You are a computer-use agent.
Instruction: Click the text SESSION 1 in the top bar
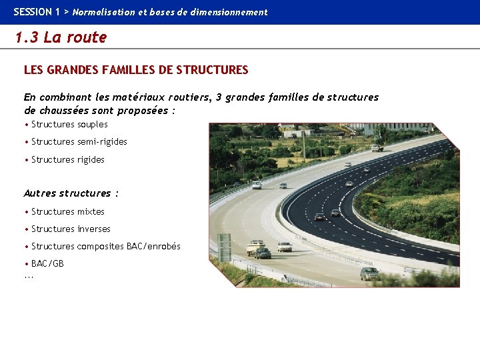(37, 12)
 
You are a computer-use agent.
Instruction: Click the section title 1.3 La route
(61, 37)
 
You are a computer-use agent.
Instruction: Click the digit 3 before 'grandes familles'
(219, 97)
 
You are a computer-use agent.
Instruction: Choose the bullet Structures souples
(69, 125)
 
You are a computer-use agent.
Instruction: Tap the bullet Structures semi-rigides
(79, 142)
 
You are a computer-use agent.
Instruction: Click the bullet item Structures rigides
(68, 160)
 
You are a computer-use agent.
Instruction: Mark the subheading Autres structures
(71, 193)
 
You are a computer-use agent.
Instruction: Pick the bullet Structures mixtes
(68, 212)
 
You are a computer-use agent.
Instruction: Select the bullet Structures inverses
(71, 229)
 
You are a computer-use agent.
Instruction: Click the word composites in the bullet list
(101, 247)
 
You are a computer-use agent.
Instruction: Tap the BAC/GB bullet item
(47, 264)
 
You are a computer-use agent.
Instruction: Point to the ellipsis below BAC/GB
(29, 275)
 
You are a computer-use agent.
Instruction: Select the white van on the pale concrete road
(257, 185)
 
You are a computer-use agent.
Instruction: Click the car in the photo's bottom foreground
(369, 273)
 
